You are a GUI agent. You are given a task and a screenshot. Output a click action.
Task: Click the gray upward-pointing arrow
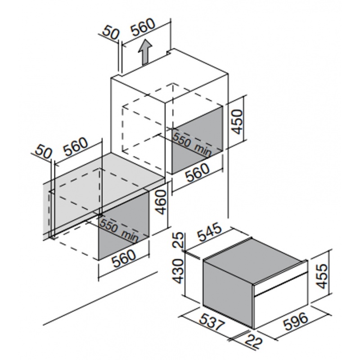pos(145,53)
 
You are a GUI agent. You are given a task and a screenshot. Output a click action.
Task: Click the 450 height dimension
pos(237,121)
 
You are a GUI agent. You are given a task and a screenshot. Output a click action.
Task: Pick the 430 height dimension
pos(178,271)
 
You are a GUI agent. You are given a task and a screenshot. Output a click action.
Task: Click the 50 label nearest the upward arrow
pos(111,33)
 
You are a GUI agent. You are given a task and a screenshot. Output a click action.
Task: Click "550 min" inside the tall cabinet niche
pos(192,144)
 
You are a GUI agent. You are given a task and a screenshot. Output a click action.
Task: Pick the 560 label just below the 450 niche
pos(198,172)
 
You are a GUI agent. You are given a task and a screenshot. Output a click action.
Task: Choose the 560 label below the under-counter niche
pos(125,258)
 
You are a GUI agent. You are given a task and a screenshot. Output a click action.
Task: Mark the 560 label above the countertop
pos(76,147)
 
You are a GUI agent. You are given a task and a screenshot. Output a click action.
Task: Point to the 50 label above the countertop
pos(43,151)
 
